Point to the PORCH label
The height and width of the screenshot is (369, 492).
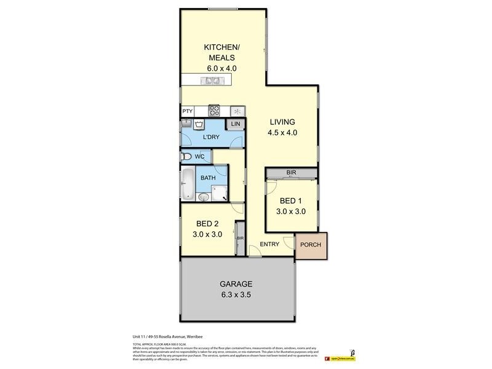(310, 245)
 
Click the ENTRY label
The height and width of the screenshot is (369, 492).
(269, 244)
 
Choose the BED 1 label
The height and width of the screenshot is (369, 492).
(290, 201)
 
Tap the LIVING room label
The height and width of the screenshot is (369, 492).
(282, 122)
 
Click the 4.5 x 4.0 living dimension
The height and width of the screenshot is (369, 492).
(282, 132)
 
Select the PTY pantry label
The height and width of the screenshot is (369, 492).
(187, 111)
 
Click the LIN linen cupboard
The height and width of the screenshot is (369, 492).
(235, 124)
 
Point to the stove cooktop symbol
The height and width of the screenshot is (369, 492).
(215, 111)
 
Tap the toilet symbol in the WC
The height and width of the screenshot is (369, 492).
(187, 157)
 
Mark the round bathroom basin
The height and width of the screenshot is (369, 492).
(204, 197)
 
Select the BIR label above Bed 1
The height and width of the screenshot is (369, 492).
(291, 173)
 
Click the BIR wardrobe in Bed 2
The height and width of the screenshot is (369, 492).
(239, 238)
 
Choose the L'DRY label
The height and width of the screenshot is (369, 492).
(212, 137)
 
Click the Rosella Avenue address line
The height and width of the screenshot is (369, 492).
(161, 337)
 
